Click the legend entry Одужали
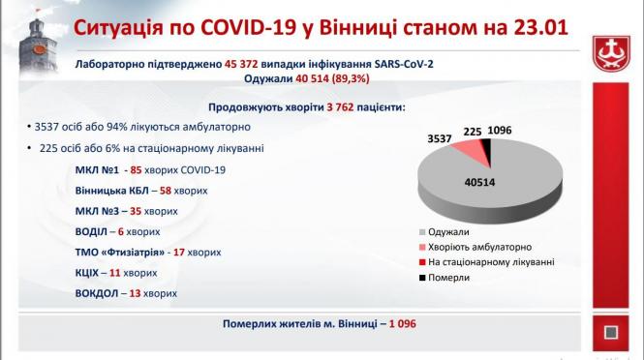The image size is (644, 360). click(447, 232)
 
